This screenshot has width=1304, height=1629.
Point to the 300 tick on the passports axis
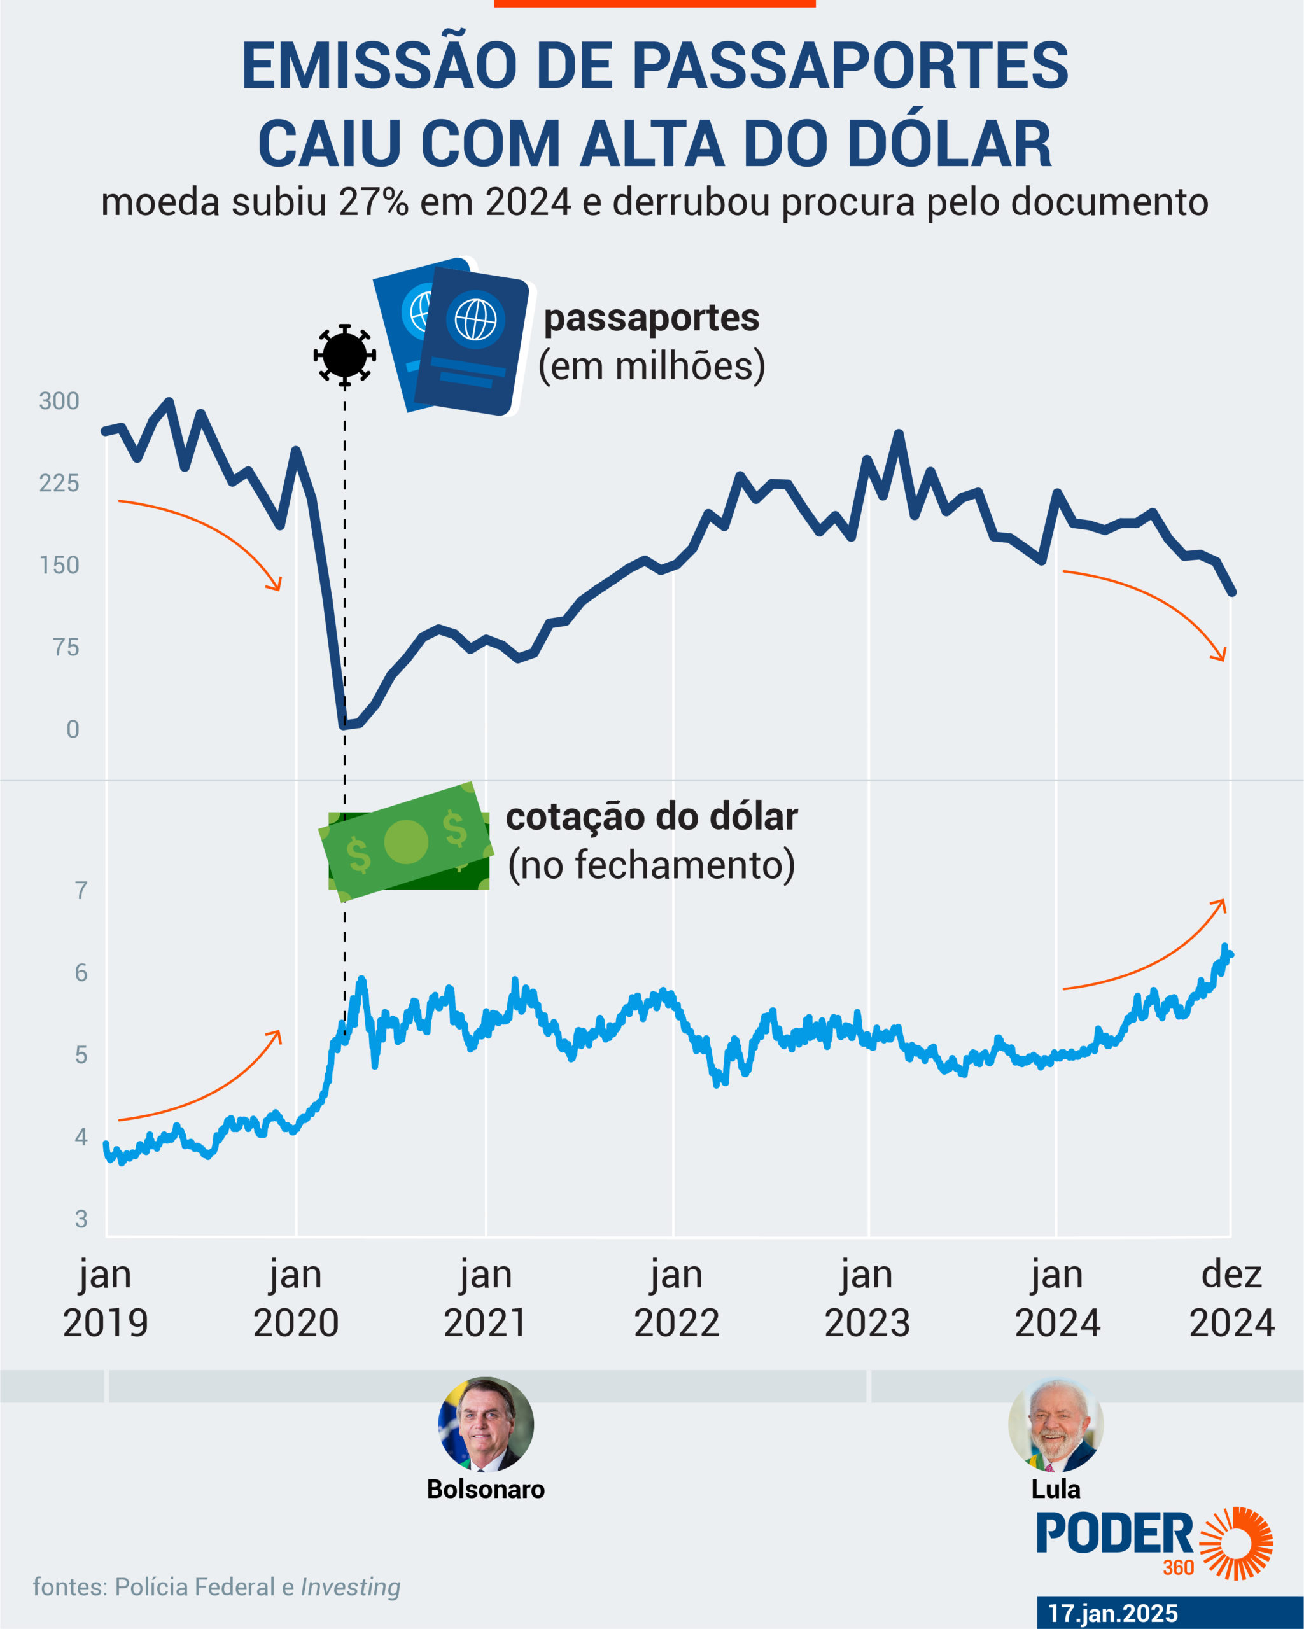(59, 402)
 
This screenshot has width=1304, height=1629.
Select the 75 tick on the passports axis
(66, 648)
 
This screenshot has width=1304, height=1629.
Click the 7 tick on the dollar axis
(81, 891)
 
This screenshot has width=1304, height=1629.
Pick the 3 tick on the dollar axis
(81, 1219)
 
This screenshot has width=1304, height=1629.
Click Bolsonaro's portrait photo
(486, 1424)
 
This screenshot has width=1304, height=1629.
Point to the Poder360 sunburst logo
(1237, 1544)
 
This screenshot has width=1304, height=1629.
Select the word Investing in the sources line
(351, 1588)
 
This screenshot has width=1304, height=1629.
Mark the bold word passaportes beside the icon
(651, 318)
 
